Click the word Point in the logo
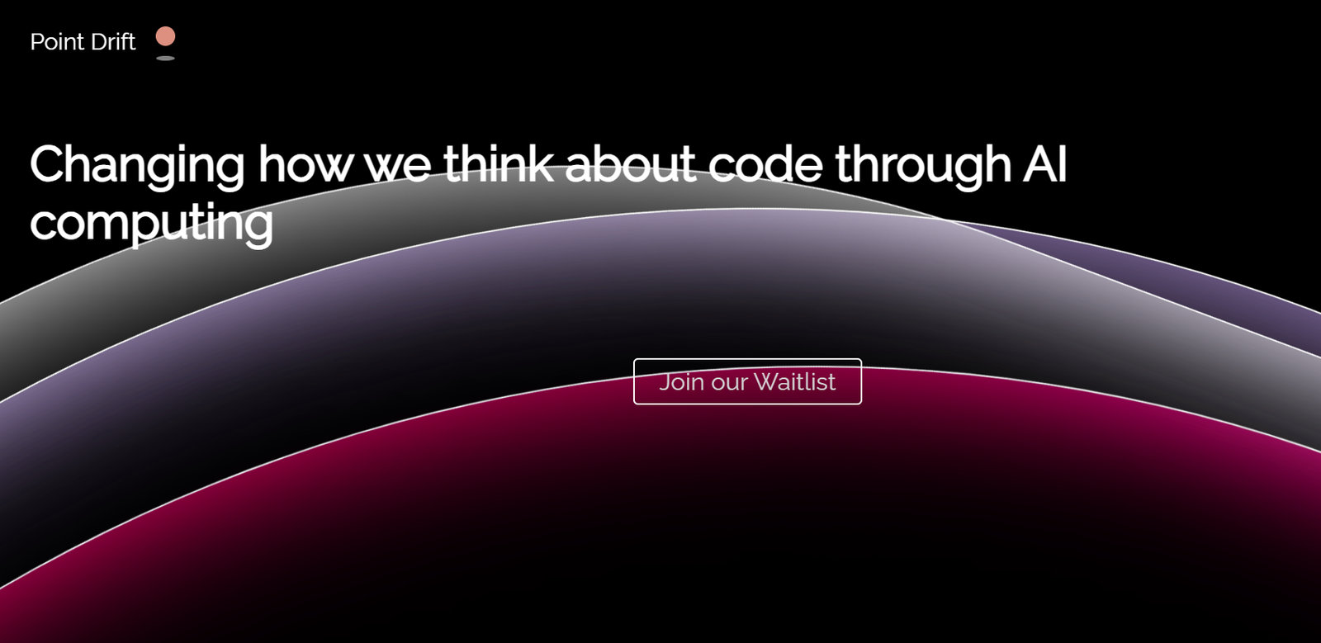(57, 42)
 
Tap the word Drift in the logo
(113, 42)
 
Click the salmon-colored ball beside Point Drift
(165, 36)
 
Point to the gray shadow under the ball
(165, 58)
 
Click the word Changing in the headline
(137, 167)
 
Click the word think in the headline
(499, 163)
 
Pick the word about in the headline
(631, 163)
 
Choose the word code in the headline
(765, 163)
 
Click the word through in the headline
(922, 167)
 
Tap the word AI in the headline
(1045, 163)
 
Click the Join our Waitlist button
(747, 381)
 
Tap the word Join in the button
(682, 382)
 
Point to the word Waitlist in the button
(794, 381)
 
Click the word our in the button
(729, 385)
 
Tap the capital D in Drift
(100, 42)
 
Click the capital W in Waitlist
(767, 382)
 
